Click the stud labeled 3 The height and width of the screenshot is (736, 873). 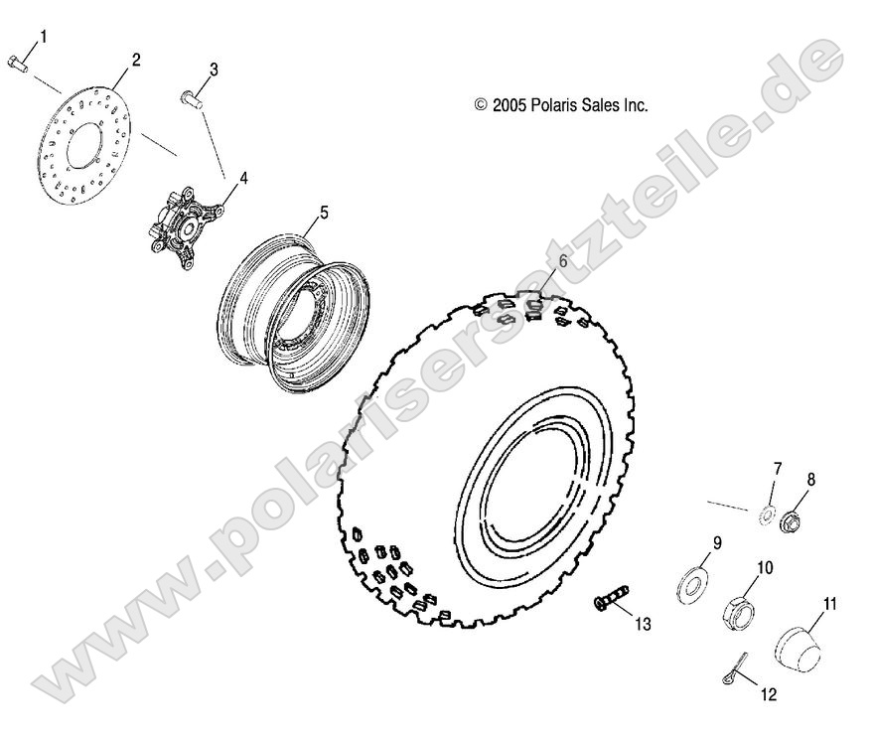point(191,97)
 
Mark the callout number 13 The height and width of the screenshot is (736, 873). point(643,623)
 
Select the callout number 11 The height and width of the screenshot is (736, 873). point(830,602)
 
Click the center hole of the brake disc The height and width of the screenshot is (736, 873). point(81,145)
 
